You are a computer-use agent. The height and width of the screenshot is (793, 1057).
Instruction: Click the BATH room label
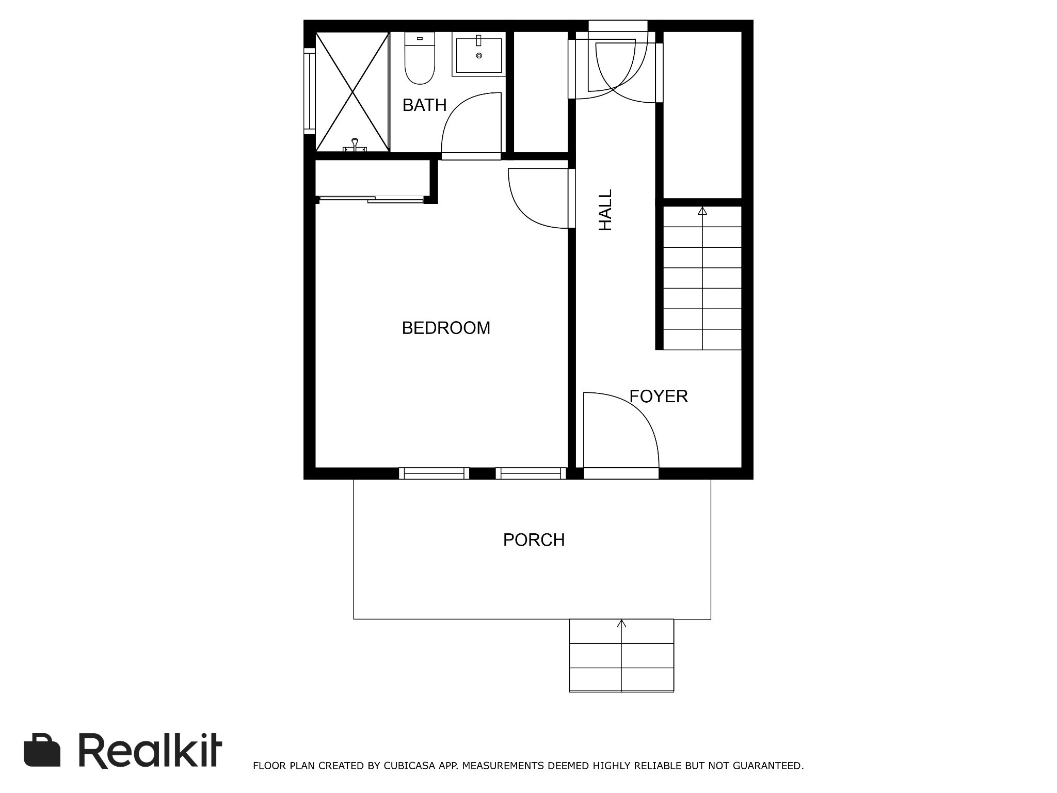pos(424,105)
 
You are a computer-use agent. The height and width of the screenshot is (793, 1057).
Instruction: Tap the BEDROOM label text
pos(446,328)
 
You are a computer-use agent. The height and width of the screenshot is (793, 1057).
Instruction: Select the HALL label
pos(605,210)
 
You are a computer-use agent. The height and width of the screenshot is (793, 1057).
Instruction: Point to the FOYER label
pos(659,396)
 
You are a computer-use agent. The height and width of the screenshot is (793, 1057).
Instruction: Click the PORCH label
pos(534,540)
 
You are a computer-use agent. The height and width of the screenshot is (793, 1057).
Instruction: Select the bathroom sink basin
pos(479,54)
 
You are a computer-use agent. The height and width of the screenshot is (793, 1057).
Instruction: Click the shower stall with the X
pos(353,92)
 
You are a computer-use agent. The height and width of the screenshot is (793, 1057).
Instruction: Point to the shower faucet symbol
pos(355,145)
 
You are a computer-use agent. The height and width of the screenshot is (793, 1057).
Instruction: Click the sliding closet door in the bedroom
pos(372,199)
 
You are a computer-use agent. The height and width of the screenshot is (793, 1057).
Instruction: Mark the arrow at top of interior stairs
pos(702,211)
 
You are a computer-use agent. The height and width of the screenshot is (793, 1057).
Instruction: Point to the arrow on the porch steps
pos(621,624)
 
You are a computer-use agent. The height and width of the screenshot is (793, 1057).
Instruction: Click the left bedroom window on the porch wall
pos(434,473)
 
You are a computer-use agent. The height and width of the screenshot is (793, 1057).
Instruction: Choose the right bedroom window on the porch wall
pos(531,473)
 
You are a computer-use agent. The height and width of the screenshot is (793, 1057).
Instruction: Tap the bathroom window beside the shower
pos(309,91)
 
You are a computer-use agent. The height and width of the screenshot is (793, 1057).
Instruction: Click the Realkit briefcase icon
pos(42,750)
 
